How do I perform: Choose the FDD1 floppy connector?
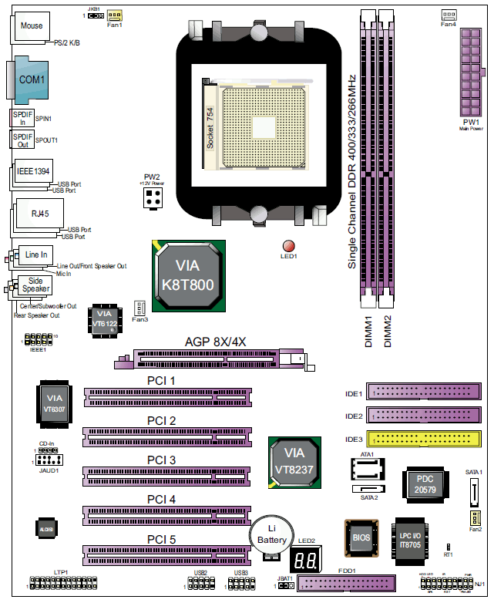point(344,585)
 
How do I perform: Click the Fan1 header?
point(115,15)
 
